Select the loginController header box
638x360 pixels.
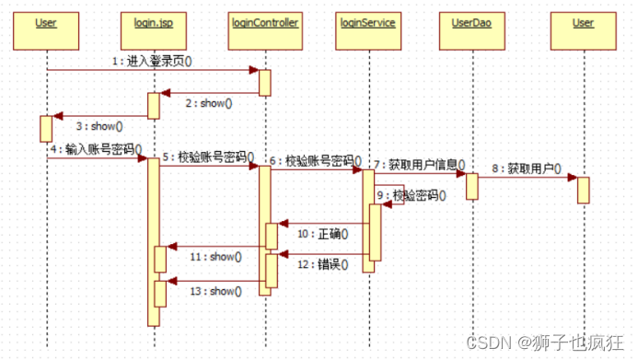pyautogui.click(x=264, y=23)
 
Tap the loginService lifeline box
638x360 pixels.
pyautogui.click(x=366, y=23)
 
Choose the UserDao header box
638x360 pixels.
pyautogui.click(x=470, y=23)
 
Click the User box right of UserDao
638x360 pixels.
pyautogui.click(x=582, y=23)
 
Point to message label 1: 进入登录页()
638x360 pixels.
pyautogui.click(x=151, y=61)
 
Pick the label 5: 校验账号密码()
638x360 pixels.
pyautogui.click(x=208, y=157)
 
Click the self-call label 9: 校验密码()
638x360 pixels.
pyautogui.click(x=412, y=195)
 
